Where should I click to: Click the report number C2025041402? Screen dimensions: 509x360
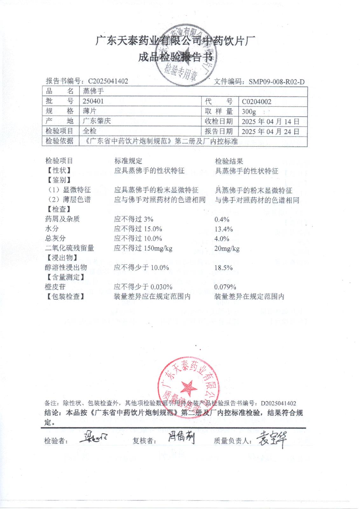(108, 81)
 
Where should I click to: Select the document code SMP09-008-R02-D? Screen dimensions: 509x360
(276, 82)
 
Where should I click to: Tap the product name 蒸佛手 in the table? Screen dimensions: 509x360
(93, 91)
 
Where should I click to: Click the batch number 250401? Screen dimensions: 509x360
(93, 101)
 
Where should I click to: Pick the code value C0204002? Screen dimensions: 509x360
(256, 102)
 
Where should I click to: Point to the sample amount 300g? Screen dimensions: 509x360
(249, 112)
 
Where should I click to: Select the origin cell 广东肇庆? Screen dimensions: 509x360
(97, 121)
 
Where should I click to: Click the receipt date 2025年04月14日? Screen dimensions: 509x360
(270, 122)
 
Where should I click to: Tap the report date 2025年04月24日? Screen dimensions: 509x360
(270, 131)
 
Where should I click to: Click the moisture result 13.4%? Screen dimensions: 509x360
(224, 229)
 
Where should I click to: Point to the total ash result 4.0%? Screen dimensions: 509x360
(222, 239)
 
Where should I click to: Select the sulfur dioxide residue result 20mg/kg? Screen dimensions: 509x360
(227, 248)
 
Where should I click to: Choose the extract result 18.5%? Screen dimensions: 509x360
(224, 268)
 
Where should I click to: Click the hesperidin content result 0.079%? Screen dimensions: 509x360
(225, 287)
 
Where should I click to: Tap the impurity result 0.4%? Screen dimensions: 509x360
(222, 220)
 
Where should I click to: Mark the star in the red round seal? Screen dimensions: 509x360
(188, 387)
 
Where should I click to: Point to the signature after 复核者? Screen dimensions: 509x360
(181, 439)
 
